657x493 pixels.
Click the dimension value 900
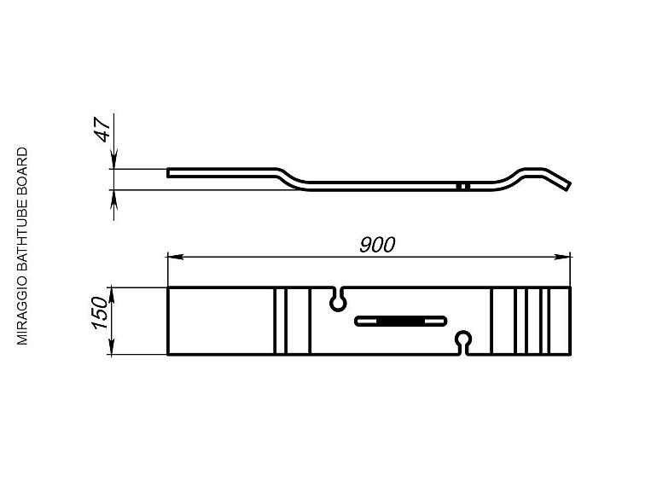point(377,245)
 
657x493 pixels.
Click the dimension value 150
point(101,312)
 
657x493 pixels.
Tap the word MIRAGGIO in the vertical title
point(22,310)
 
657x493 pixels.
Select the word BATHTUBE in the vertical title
point(22,235)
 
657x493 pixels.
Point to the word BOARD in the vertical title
point(22,171)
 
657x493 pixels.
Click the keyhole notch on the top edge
point(338,299)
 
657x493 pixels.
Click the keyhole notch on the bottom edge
point(463,343)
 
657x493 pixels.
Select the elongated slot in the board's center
point(401,322)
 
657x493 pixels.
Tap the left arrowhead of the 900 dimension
point(175,257)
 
